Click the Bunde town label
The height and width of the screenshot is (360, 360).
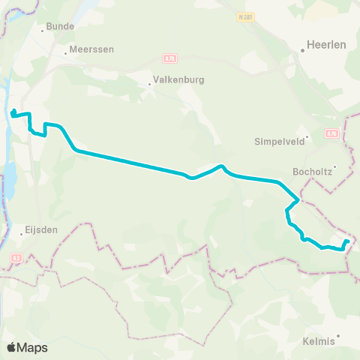[x=61, y=26]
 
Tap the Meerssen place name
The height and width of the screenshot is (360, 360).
[x=91, y=49]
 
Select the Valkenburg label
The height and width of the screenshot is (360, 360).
[x=178, y=79]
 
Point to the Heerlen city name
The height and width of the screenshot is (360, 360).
[x=328, y=45]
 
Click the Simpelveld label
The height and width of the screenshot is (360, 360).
[x=277, y=141]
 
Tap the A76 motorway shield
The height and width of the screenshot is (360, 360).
[x=332, y=133]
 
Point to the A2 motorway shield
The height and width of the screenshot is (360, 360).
[x=16, y=257]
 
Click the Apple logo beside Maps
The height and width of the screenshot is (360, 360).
[x=12, y=347]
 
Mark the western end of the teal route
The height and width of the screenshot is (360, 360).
[x=13, y=113]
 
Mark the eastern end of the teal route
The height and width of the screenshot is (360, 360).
[x=347, y=241]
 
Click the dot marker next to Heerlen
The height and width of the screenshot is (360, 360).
[x=302, y=51]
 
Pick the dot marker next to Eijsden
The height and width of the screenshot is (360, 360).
[x=21, y=234]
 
